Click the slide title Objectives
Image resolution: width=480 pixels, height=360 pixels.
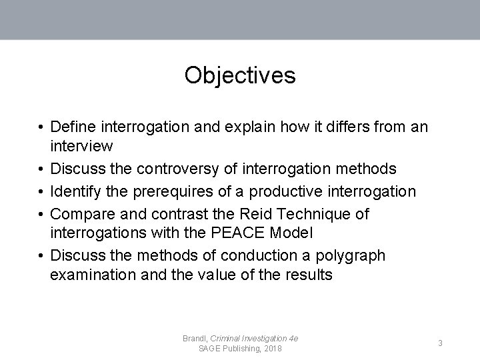coord(240,75)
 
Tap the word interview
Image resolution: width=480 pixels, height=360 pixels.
coord(81,145)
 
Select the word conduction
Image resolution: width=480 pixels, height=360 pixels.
coord(258,256)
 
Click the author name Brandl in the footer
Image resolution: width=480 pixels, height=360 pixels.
coord(195,339)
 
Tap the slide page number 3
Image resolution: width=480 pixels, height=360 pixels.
coord(441,343)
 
